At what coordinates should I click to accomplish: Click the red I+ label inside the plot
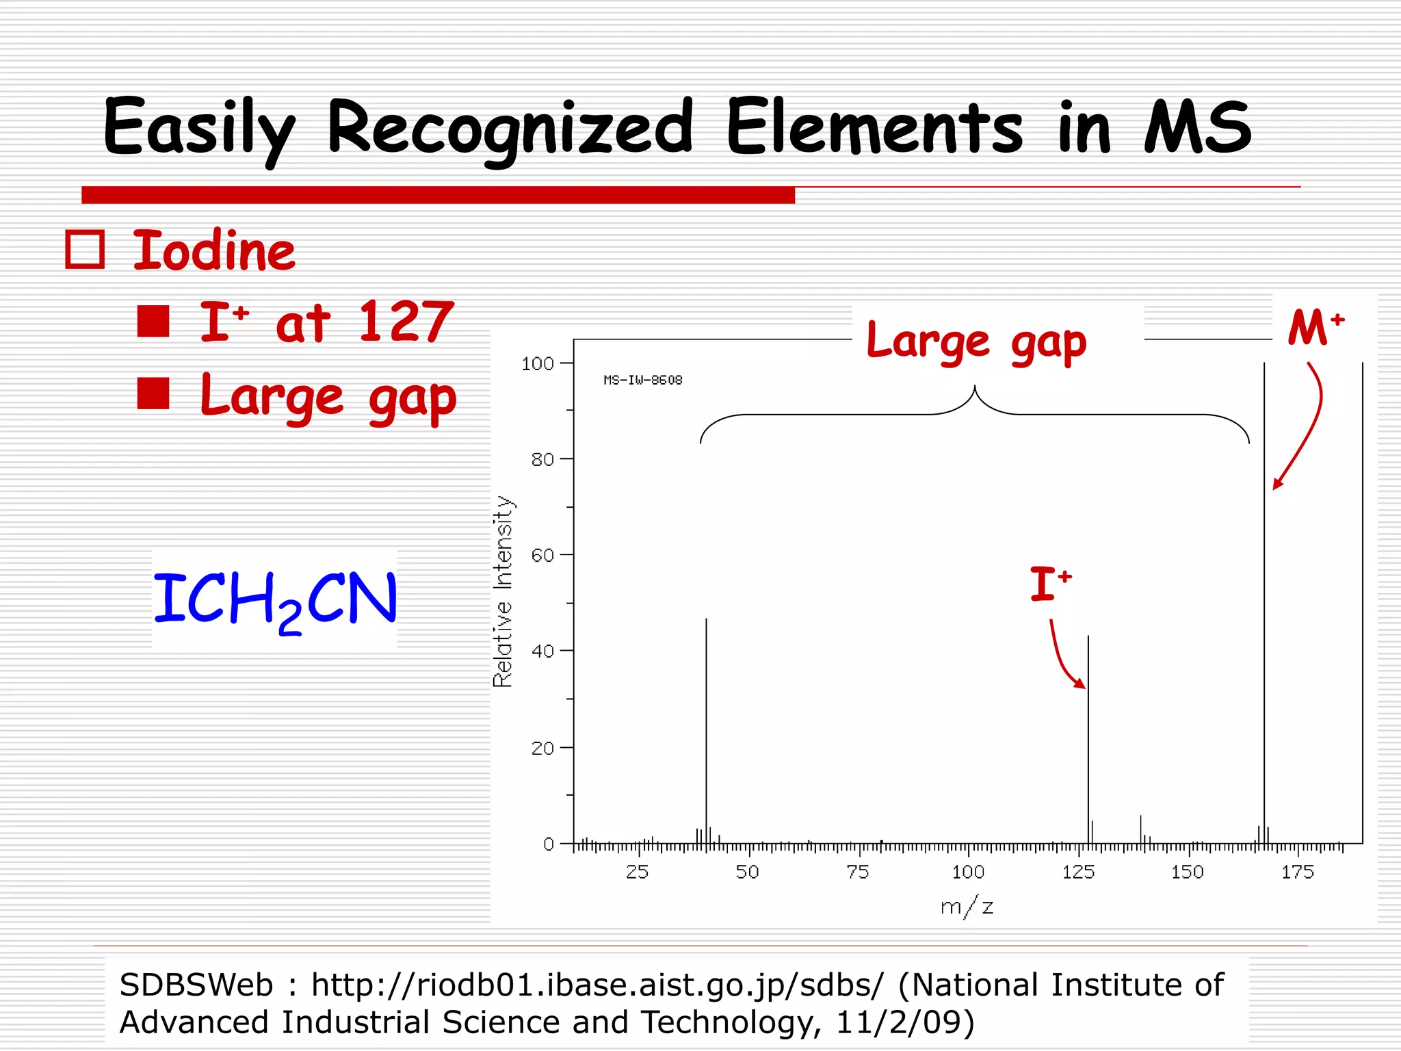tap(1049, 584)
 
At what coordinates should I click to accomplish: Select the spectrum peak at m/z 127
tap(1088, 739)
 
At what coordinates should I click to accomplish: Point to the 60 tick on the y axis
tap(542, 555)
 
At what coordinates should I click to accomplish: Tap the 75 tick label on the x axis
tap(857, 872)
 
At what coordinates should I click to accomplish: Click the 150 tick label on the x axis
tap(1188, 872)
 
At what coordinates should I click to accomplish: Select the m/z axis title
tap(967, 907)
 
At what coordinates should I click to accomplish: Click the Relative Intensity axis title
tap(503, 591)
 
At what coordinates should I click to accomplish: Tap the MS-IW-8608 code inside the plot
tap(642, 380)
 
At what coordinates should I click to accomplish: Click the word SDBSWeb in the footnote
tap(196, 985)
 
